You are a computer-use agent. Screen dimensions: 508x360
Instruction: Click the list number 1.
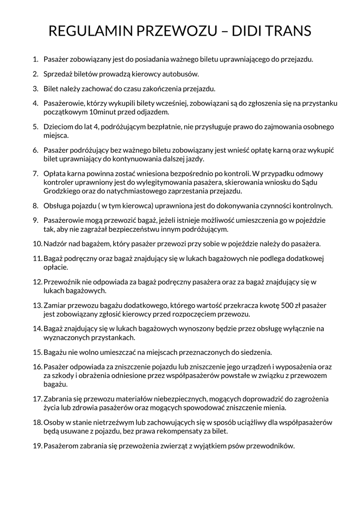coord(35,60)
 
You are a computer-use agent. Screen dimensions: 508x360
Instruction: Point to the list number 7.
coord(35,174)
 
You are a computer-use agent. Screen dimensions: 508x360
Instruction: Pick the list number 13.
coord(37,305)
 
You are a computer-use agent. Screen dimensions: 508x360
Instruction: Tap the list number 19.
coord(37,445)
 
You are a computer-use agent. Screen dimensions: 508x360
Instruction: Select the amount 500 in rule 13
coord(288,305)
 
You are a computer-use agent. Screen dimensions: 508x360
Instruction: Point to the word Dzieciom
coord(59,127)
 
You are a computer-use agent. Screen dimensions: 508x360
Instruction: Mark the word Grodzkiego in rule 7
coord(62,190)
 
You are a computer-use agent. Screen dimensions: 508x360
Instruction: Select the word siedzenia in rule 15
coord(255,352)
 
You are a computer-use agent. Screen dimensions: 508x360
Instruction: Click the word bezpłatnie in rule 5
coord(164,127)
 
